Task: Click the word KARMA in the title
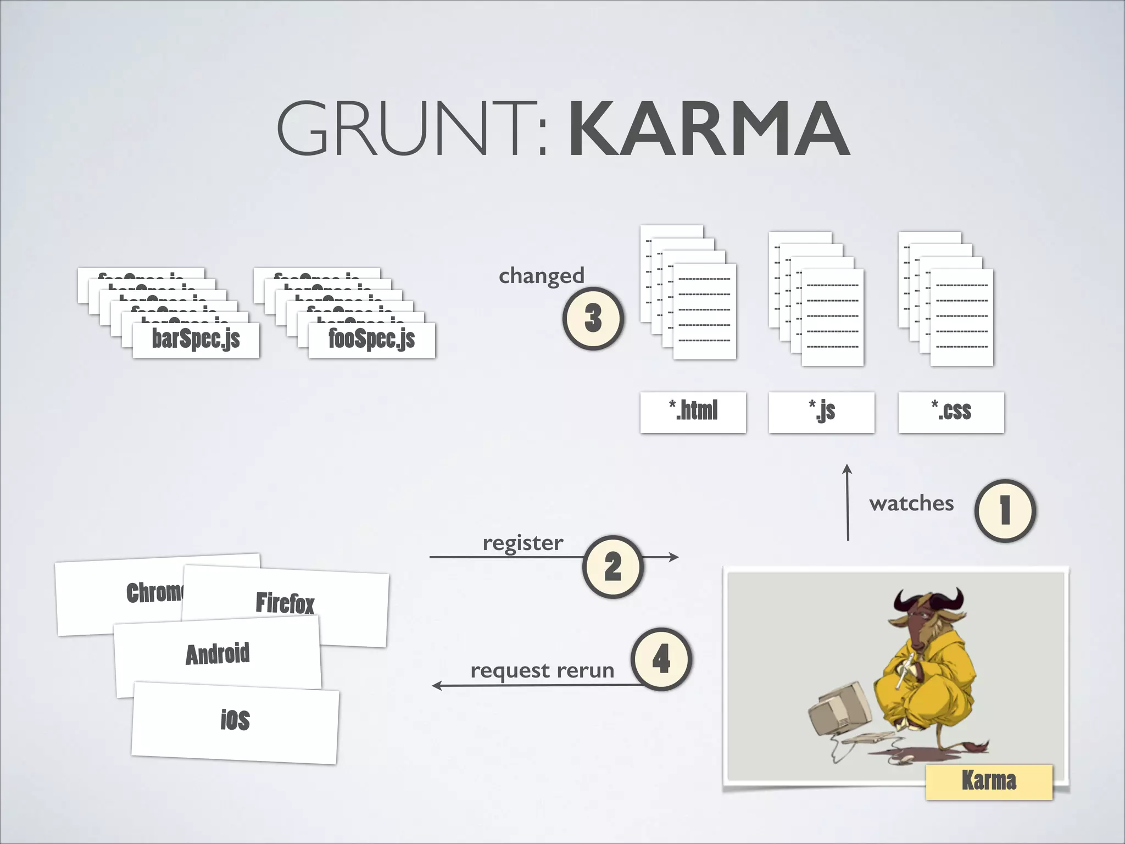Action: [709, 129]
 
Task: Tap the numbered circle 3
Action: [593, 318]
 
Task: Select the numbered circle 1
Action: [1005, 510]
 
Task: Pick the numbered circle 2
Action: [612, 567]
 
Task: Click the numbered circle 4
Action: [661, 659]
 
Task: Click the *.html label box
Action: [693, 412]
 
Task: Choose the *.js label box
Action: [821, 412]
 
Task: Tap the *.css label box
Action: [951, 412]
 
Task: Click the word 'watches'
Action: [911, 503]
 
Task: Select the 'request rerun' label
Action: [542, 670]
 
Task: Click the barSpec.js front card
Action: [196, 340]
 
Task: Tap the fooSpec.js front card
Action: [372, 340]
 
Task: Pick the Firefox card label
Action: [285, 603]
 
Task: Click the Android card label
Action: [218, 654]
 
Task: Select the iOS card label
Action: [235, 720]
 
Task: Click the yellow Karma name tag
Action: [989, 781]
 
